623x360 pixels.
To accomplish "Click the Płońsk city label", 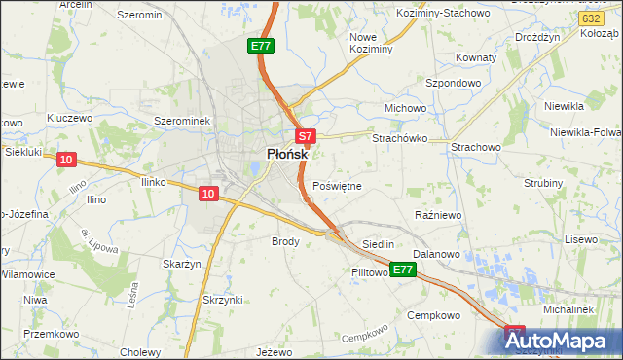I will click(x=288, y=154).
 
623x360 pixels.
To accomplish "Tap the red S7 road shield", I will click(x=305, y=137).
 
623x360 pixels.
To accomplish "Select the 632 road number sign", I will click(x=588, y=18).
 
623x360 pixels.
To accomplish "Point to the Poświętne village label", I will click(x=338, y=186).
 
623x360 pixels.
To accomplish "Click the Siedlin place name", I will click(x=378, y=244).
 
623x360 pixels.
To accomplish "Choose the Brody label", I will click(x=285, y=240).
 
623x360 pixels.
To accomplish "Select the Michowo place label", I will click(x=406, y=108).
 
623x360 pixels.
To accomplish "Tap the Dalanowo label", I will click(x=435, y=254).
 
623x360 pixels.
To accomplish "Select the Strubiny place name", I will click(x=542, y=183).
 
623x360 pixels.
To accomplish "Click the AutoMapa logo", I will click(x=563, y=342).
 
